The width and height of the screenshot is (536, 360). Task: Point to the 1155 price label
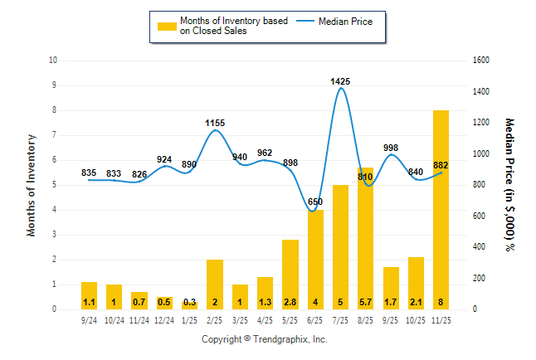click(215, 124)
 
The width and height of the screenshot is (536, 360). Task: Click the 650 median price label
click(315, 202)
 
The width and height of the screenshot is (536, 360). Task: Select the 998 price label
click(391, 148)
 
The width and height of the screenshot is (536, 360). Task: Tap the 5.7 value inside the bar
click(365, 303)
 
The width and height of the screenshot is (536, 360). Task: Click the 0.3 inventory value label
click(190, 303)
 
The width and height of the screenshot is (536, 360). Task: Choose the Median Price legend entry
click(345, 21)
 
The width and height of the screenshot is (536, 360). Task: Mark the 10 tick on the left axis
click(53, 61)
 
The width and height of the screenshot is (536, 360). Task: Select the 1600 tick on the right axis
click(482, 61)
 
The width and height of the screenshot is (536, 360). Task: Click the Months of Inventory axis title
click(32, 185)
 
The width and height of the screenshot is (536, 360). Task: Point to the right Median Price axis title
click(509, 184)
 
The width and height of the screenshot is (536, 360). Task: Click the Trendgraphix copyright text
click(265, 339)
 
